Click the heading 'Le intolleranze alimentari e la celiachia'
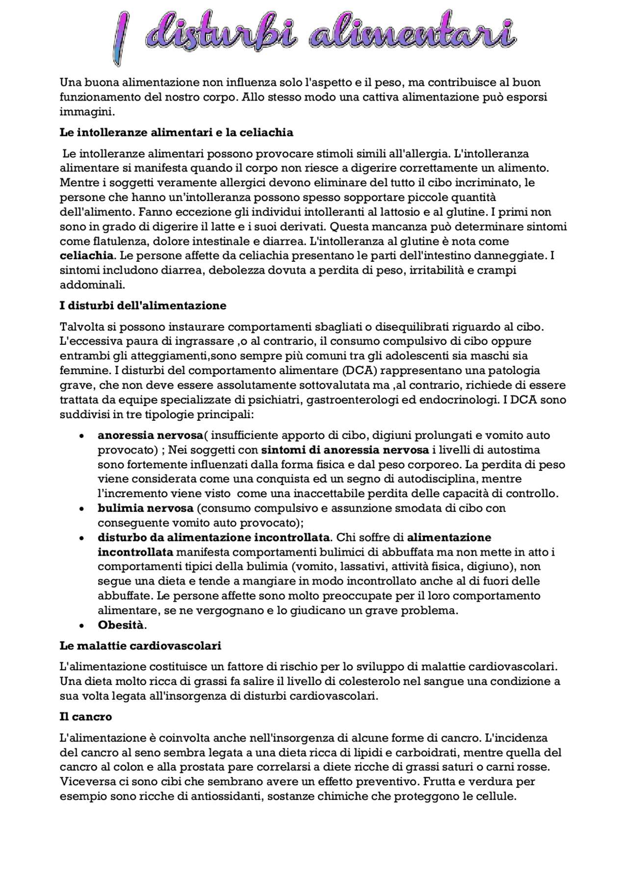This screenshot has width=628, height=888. pos(176,132)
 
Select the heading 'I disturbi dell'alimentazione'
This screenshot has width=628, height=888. pos(143,305)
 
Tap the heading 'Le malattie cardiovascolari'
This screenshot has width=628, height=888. pos(140,646)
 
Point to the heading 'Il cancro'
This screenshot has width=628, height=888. pos(85,717)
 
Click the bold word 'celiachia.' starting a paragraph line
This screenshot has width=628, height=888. pos(87,256)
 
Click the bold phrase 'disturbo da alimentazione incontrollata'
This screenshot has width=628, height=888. pos(213,537)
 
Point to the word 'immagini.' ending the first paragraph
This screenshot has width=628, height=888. pos(87,112)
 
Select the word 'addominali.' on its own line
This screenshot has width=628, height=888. pos(92,284)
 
